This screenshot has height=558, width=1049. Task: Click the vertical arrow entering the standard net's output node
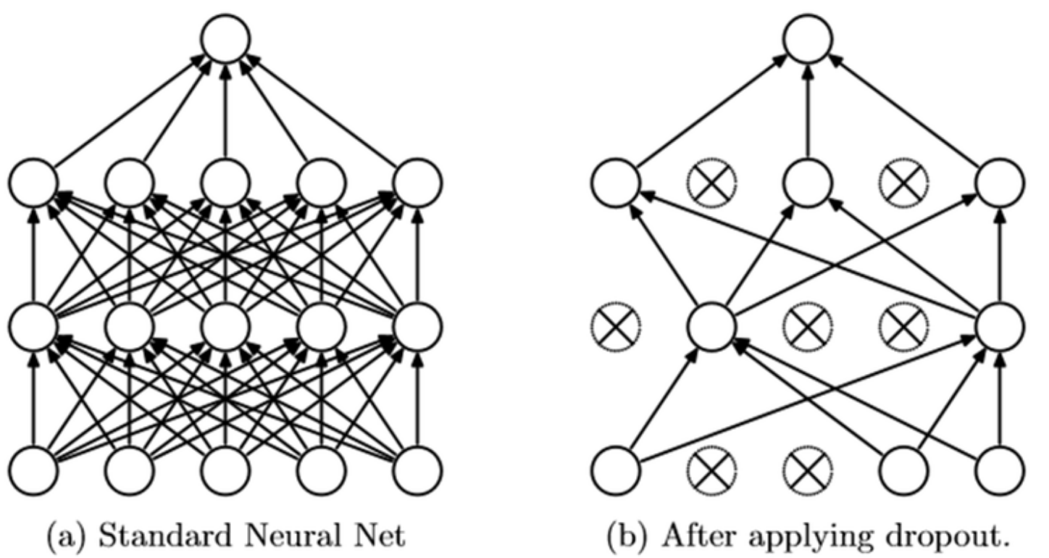point(225,109)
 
